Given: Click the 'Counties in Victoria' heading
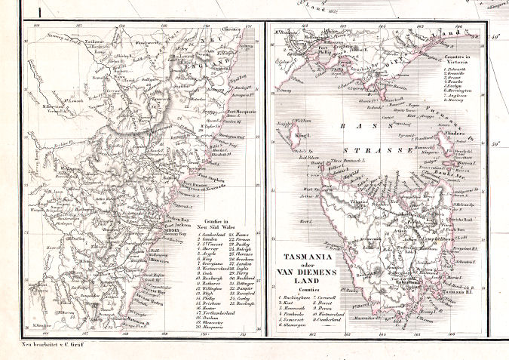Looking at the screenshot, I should coord(462,57).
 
